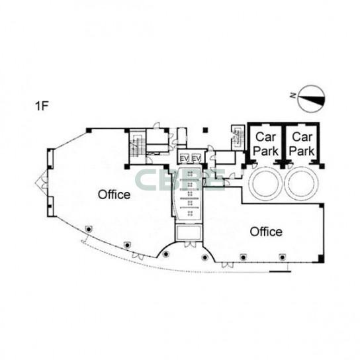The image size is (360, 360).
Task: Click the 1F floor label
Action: point(42,106)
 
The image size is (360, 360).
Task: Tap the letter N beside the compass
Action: point(292,95)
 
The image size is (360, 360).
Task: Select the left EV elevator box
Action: point(184,158)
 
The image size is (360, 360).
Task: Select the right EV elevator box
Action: point(197,158)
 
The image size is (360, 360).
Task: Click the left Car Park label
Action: point(265,144)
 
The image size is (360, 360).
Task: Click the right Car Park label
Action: point(302,144)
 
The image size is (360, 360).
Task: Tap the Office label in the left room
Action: point(114,195)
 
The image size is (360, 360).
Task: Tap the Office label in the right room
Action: point(266,232)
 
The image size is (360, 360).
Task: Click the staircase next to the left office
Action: point(137,147)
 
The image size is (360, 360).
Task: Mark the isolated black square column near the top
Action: point(206,130)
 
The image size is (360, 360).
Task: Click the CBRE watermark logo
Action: point(179,180)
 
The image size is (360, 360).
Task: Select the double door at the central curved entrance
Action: point(191,244)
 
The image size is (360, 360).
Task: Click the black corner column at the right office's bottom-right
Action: point(321,258)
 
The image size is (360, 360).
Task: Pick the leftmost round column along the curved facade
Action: point(89,229)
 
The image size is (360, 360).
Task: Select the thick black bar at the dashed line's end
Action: point(280,271)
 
